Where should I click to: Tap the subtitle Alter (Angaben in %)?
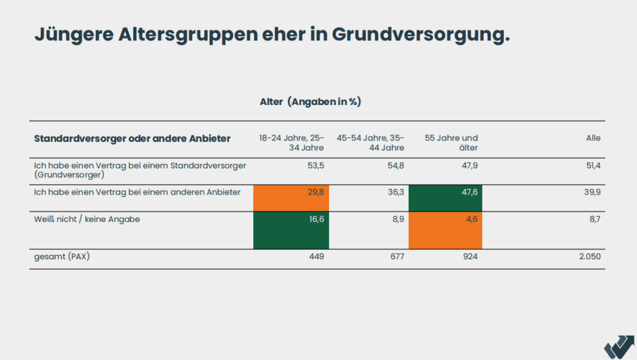(x=310, y=102)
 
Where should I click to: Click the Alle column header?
(x=593, y=138)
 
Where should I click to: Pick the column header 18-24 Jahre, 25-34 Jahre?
(x=291, y=143)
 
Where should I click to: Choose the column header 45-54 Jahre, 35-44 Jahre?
(x=370, y=143)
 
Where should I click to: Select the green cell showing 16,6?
(x=291, y=230)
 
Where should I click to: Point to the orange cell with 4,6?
(x=445, y=230)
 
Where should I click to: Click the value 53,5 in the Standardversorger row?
(x=315, y=165)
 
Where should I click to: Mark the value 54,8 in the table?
(x=395, y=165)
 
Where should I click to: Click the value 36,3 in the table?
(x=395, y=193)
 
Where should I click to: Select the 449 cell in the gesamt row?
(x=317, y=256)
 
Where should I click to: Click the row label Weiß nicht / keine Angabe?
(x=86, y=219)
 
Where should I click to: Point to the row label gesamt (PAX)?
(x=62, y=256)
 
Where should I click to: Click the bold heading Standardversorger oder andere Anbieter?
(x=132, y=139)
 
